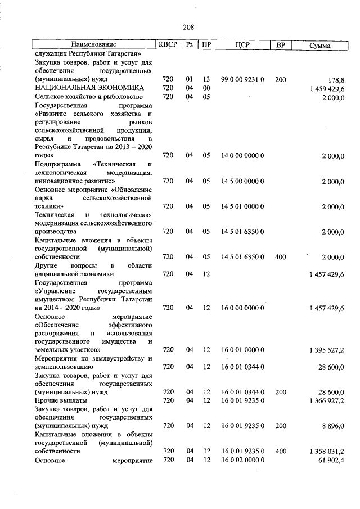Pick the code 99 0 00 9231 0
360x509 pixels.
(x=242, y=80)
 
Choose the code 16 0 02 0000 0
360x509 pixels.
(x=242, y=460)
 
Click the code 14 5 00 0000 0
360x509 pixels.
(x=242, y=181)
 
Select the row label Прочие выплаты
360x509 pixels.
(x=59, y=400)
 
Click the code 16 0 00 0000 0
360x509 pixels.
(x=242, y=308)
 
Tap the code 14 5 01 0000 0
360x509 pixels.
(x=242, y=206)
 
